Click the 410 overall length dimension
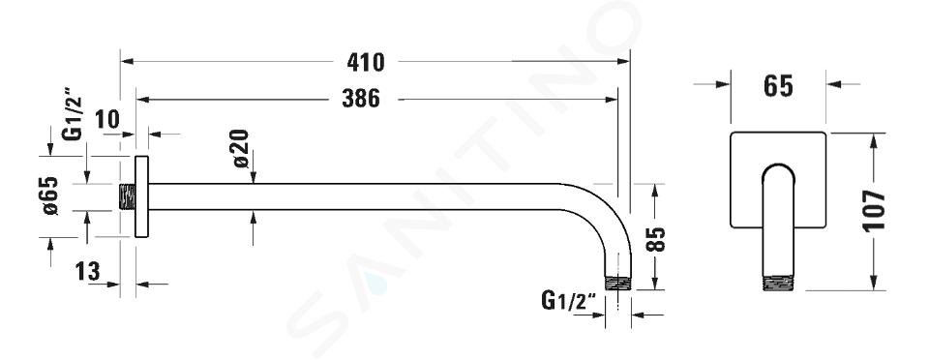pos(366,62)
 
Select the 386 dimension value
pos(361,99)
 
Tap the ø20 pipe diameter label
pos(240,149)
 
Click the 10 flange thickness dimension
pos(107,120)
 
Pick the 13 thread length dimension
pos(88,272)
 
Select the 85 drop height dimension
pos(656,239)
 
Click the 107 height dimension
pos(875,211)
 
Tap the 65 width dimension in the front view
pos(778,86)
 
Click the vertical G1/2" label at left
pos(73,115)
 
